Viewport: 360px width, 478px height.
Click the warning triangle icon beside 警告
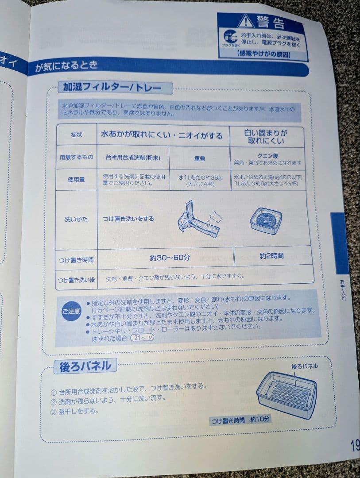(x=245, y=20)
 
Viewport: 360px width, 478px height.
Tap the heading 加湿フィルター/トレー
(x=115, y=87)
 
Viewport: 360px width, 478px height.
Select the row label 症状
(x=77, y=135)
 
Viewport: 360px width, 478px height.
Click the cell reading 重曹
(x=199, y=158)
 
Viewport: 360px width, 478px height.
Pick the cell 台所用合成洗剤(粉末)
(x=132, y=157)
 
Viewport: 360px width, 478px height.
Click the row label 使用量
(x=76, y=180)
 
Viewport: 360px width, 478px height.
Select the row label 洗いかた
(x=76, y=219)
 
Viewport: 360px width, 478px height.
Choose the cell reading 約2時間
(x=271, y=256)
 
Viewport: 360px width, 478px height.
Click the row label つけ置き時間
(x=76, y=260)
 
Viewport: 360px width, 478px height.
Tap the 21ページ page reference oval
(x=142, y=338)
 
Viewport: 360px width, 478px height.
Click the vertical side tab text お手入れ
(x=343, y=290)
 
